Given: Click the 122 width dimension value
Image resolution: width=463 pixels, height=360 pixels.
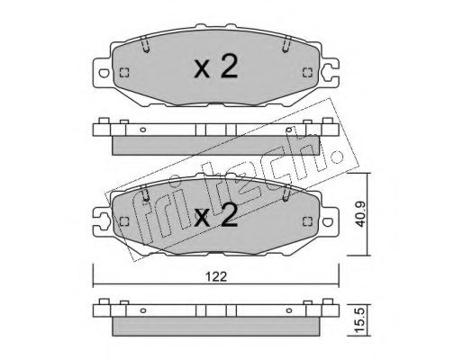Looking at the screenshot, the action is point(216,276).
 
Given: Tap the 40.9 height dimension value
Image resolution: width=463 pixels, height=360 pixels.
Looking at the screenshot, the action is point(360,214).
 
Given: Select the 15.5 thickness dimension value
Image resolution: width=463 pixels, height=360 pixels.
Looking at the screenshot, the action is point(360,320).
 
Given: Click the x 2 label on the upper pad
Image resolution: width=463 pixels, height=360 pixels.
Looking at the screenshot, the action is point(216,67).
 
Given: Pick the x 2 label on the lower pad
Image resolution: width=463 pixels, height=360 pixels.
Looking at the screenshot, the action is point(216,215).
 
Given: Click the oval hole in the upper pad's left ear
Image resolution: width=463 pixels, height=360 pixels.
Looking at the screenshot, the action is point(104,73).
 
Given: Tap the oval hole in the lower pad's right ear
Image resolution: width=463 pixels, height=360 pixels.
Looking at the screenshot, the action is point(328,222).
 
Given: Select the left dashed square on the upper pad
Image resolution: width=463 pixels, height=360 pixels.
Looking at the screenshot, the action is point(124,73).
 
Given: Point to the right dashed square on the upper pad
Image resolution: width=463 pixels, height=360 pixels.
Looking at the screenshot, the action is point(307,73).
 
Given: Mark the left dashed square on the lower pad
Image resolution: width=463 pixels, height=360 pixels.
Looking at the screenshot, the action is point(124,221).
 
